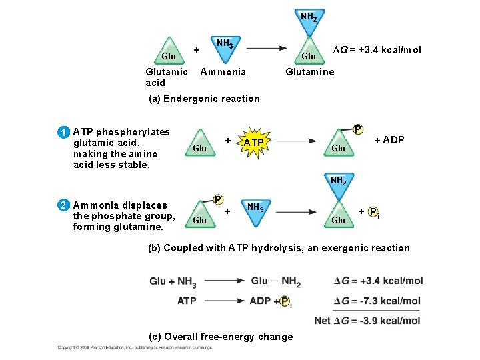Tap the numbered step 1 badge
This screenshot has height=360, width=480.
[x=62, y=132]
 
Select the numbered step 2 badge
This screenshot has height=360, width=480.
[x=62, y=205]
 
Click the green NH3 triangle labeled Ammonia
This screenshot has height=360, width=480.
[x=225, y=48]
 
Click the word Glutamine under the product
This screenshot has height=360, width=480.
[x=309, y=72]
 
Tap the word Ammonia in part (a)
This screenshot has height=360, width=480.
[x=223, y=72]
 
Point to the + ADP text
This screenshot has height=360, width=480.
[x=389, y=140]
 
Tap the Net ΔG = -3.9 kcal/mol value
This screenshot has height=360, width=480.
[x=367, y=321]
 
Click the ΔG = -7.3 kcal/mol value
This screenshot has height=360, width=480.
[x=377, y=301]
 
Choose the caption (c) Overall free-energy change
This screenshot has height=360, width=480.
[x=221, y=337]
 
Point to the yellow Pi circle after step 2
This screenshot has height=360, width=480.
[x=373, y=211]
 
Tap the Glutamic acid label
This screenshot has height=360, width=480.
[x=166, y=77]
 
